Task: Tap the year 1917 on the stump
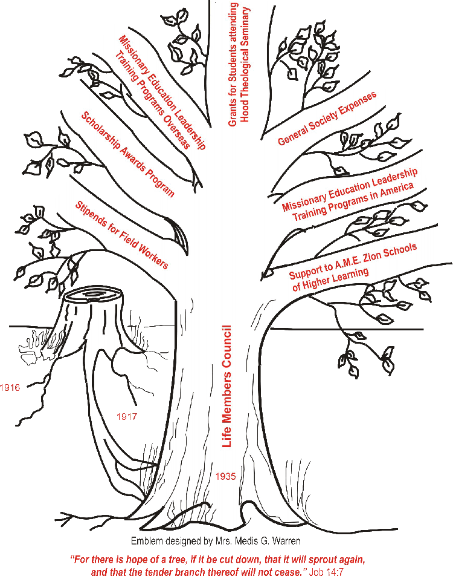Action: (127, 417)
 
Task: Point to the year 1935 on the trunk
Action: (225, 476)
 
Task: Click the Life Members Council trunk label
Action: (227, 386)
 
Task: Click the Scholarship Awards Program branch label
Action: (128, 154)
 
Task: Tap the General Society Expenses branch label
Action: (327, 119)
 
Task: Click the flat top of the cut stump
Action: (94, 295)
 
